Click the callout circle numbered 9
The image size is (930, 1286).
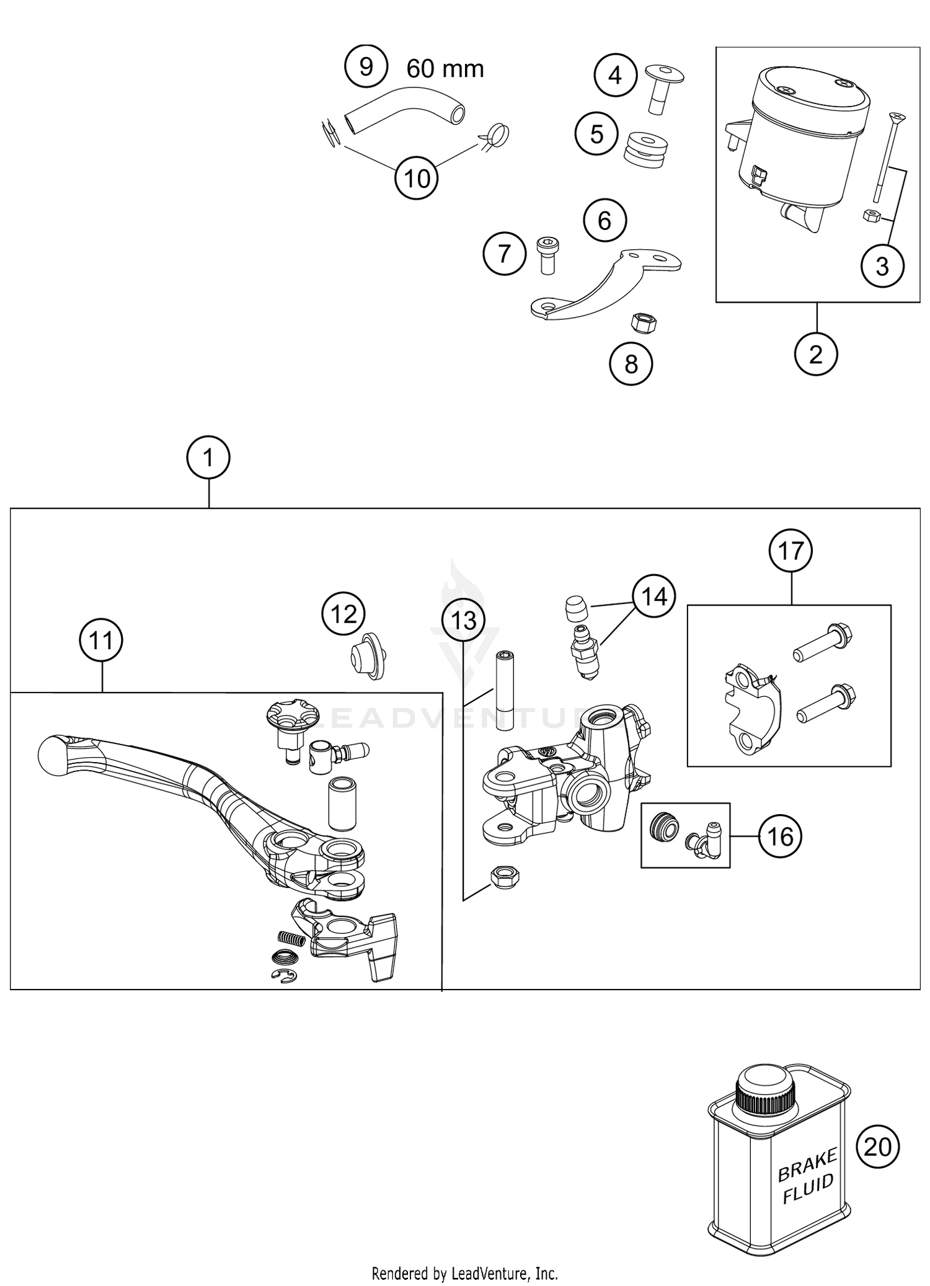coord(366,66)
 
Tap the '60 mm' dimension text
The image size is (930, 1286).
coord(445,69)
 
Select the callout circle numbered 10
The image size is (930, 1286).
coord(417,179)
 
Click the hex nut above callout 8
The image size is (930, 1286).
coord(644,322)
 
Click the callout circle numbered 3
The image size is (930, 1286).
coord(882,266)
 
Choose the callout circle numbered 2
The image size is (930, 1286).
coord(816,355)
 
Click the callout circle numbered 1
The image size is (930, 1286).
coord(208,458)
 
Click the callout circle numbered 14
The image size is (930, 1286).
coord(654,596)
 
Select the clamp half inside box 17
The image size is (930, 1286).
coord(752,710)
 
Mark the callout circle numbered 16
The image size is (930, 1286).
coord(780,836)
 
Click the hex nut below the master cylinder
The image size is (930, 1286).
coord(504,876)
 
